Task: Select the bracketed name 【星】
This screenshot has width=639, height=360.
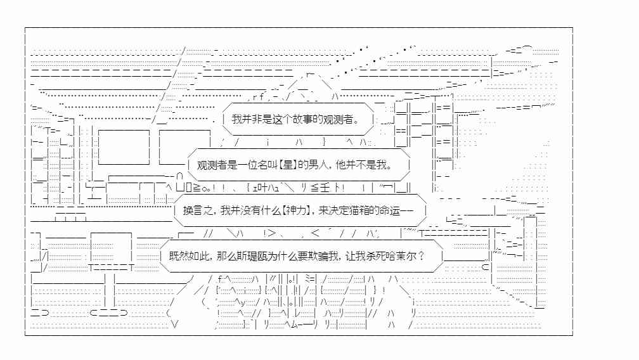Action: [288, 165]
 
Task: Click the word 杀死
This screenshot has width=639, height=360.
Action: [375, 256]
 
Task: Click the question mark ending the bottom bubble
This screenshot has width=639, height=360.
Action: [422, 256]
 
